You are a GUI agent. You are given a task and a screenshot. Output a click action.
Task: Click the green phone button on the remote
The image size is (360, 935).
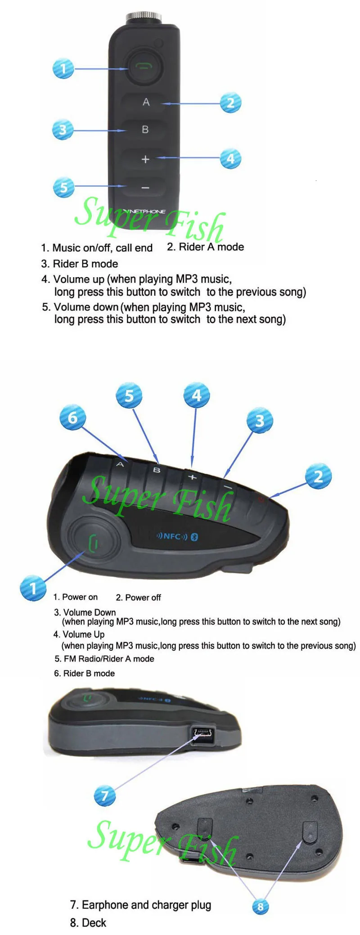pos(144,67)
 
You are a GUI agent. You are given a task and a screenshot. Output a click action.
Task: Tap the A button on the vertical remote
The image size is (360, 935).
pos(146,103)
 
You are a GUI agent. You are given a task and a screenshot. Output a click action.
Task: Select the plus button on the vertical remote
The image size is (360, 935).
pos(145,159)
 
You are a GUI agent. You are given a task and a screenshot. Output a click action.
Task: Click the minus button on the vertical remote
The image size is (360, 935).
pos(145,188)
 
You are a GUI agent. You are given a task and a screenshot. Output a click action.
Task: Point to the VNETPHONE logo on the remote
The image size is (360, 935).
pos(145,211)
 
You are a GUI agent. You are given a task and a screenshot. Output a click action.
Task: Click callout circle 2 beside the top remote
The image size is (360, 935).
pos(230,103)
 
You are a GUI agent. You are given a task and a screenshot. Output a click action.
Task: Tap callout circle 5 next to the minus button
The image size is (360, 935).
pos(63,187)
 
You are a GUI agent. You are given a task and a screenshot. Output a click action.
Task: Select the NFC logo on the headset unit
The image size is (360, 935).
pos(171,536)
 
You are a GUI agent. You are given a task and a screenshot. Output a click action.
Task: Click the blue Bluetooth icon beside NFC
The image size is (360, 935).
pos(194,536)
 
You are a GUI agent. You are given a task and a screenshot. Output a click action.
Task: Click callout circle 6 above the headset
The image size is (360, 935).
pos(72,418)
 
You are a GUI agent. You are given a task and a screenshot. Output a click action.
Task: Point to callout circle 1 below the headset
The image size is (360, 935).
pos(33,588)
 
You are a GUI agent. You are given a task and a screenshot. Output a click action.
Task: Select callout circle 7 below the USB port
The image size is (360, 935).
pos(104,796)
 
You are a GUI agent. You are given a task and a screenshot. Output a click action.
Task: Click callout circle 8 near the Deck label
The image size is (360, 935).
pos(260,906)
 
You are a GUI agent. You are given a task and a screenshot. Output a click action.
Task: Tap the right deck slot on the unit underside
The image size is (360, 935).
pos(309,832)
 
